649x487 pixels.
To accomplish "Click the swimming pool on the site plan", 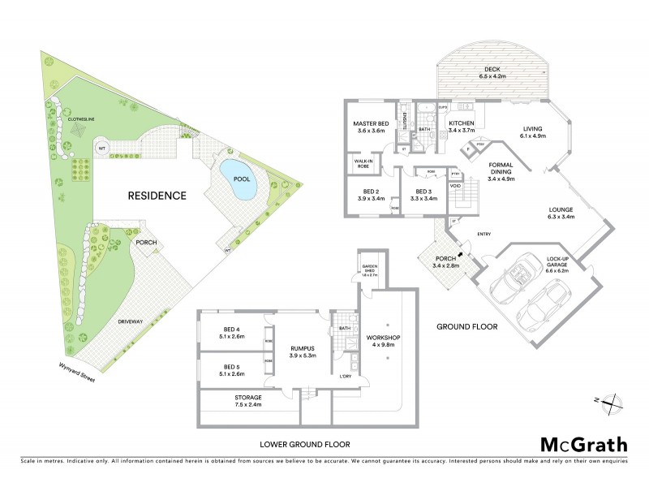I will (239, 184).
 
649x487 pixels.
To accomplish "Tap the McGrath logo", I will (584, 444).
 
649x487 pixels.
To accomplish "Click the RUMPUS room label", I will (302, 349).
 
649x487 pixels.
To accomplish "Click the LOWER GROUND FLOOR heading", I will (305, 444).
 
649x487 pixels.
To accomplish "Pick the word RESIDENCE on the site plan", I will (157, 196).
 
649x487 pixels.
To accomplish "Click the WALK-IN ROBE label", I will (363, 163).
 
